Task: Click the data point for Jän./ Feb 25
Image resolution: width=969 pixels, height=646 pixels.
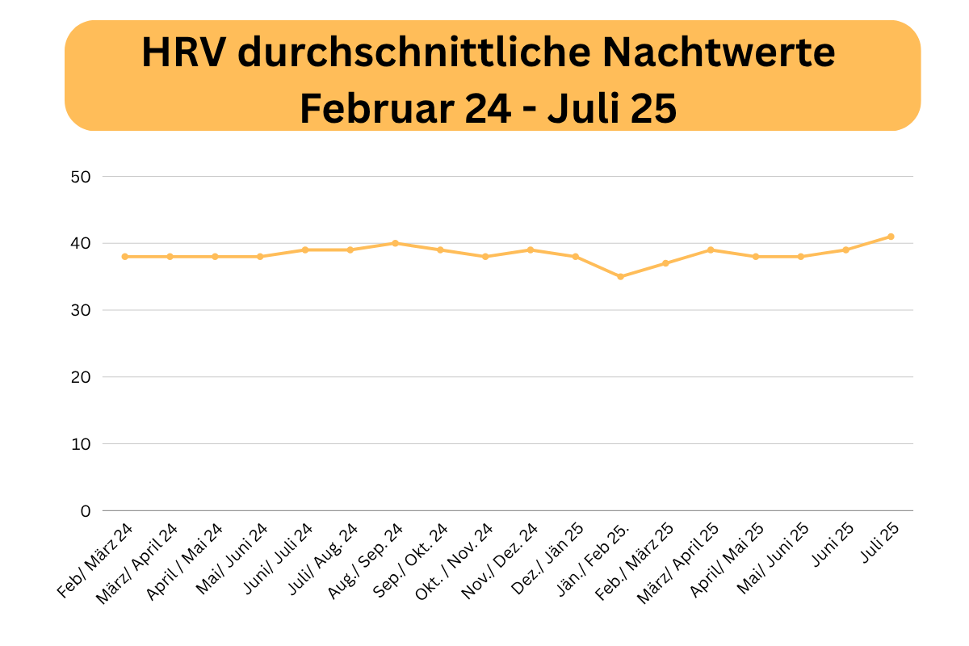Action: click(620, 276)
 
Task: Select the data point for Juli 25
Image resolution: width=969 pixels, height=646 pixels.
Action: click(891, 237)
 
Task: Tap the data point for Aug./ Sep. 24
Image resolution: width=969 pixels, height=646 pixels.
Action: click(395, 243)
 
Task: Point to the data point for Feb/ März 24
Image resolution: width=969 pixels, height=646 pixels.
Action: click(125, 257)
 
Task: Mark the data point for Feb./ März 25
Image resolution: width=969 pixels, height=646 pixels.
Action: click(665, 263)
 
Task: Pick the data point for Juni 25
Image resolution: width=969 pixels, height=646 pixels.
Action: click(845, 250)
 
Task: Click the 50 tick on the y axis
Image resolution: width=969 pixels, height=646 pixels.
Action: click(81, 177)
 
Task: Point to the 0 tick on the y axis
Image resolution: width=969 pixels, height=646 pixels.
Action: click(86, 511)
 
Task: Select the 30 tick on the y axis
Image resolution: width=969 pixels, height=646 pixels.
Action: click(81, 310)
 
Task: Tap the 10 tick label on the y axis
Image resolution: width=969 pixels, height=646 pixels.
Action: click(81, 444)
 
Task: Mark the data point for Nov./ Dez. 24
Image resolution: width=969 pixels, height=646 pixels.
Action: click(531, 250)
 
